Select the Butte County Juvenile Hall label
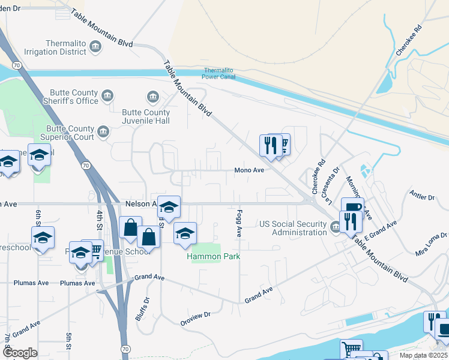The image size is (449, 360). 146,116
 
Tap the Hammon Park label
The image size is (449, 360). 213,256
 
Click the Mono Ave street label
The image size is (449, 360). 249,170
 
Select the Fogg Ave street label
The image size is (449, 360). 239,223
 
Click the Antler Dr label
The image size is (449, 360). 423,196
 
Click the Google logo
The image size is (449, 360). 20,353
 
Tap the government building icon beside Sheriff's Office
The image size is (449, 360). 107,96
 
